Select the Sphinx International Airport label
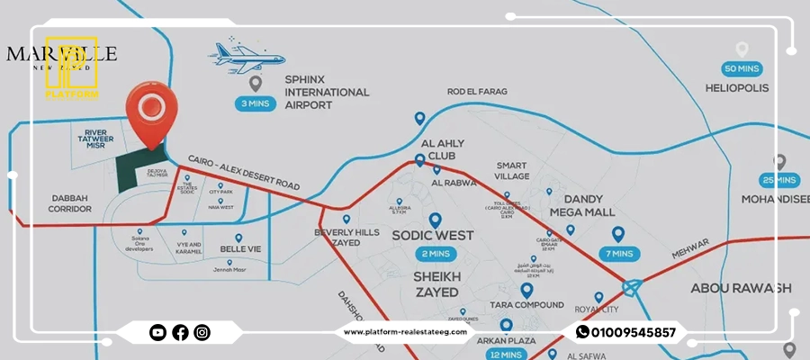tap(326, 92)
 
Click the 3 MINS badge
tap(255, 103)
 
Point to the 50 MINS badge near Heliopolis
tap(742, 68)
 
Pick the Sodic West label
tap(434, 237)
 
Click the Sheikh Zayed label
tap(436, 284)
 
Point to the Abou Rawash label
tap(740, 288)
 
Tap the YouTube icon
tap(158, 332)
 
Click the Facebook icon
tap(180, 332)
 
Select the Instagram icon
tap(202, 332)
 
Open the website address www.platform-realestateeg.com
tap(405, 332)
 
